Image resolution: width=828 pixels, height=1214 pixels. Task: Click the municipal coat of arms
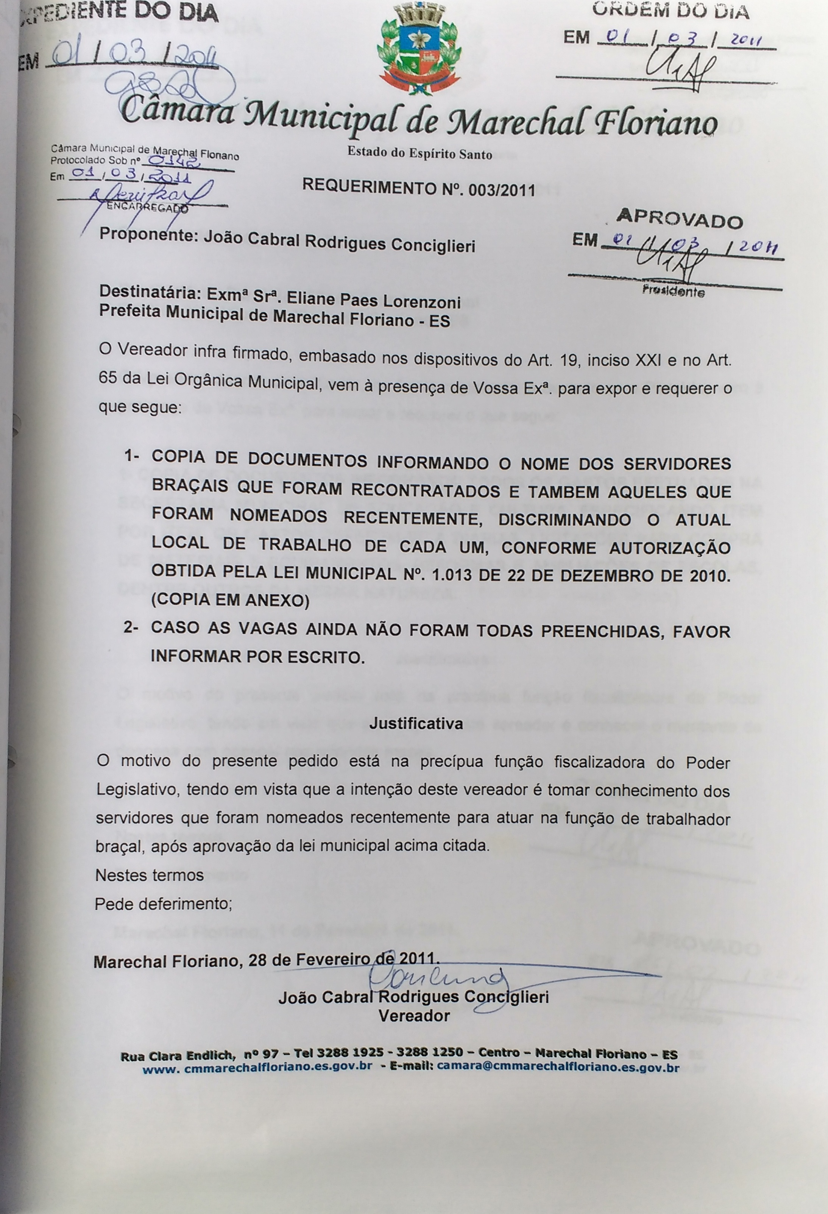coord(419,50)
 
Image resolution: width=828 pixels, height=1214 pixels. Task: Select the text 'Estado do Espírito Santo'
coord(419,154)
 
